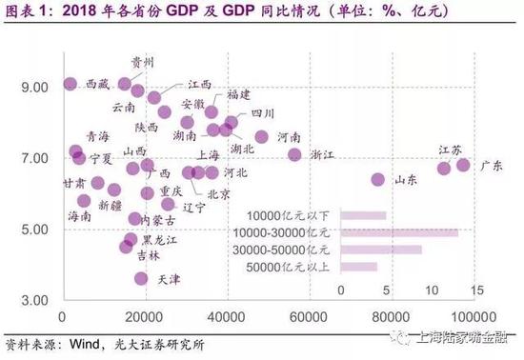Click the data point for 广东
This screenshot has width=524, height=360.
click(x=463, y=165)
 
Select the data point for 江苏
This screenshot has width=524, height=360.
click(x=444, y=169)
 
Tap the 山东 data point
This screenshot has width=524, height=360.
click(x=377, y=179)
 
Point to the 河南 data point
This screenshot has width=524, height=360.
click(x=262, y=136)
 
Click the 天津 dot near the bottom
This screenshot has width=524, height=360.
click(x=141, y=278)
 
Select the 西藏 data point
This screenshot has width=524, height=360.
click(x=70, y=84)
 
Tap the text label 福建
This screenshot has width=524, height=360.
click(x=238, y=95)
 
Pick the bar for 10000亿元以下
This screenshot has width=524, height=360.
click(x=363, y=215)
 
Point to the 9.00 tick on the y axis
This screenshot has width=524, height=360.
click(x=33, y=87)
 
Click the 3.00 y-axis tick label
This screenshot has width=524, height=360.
click(x=33, y=300)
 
